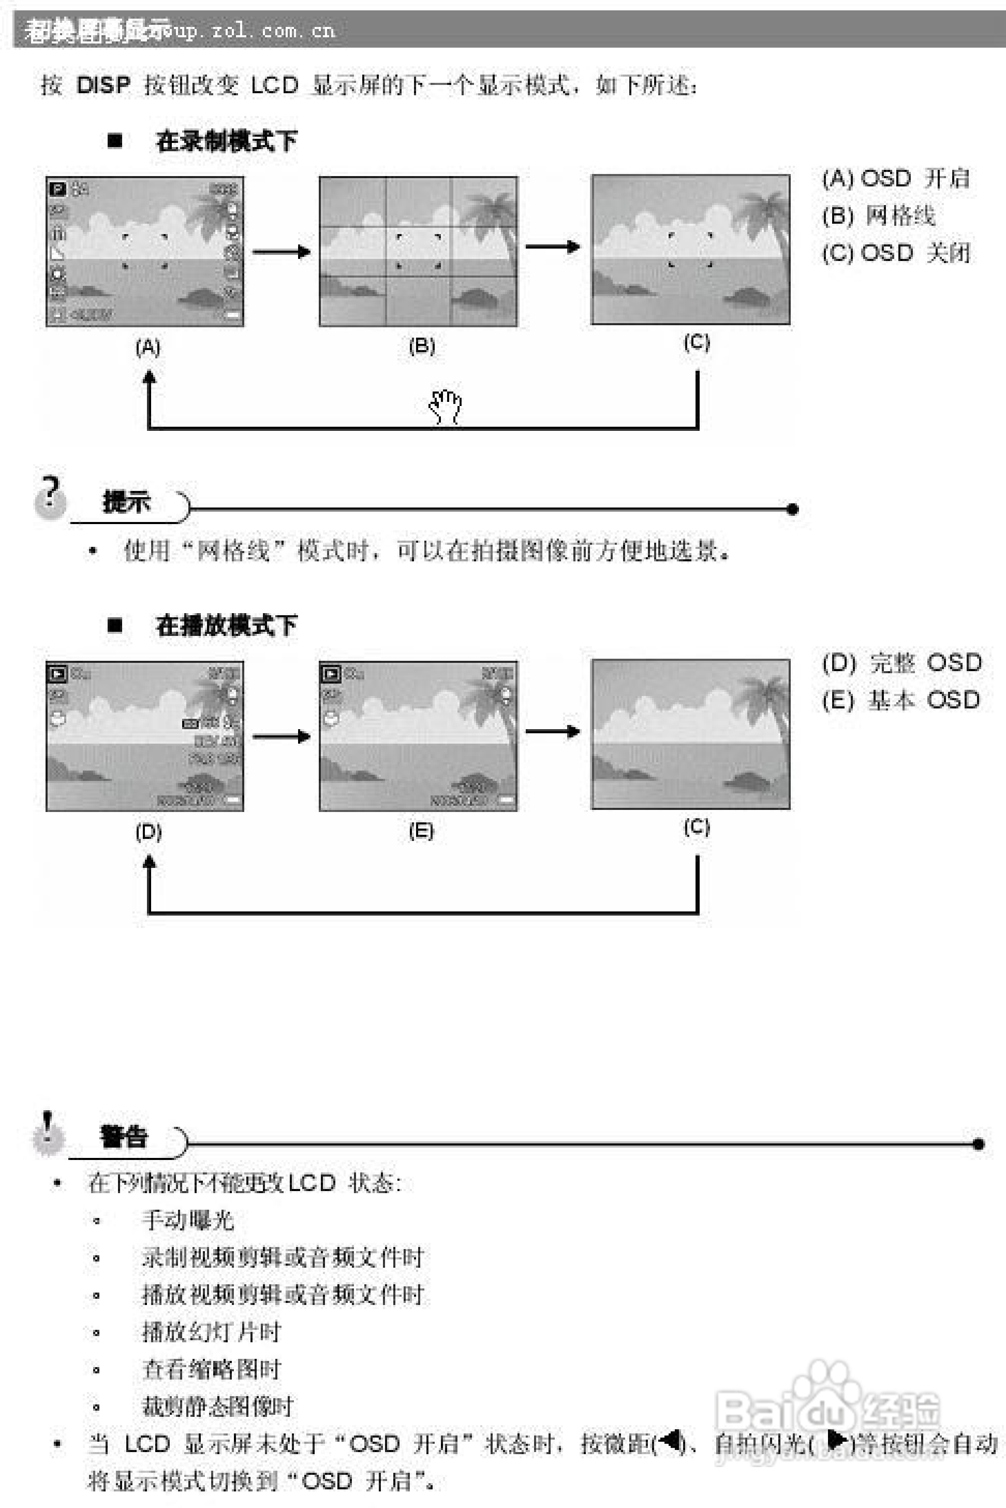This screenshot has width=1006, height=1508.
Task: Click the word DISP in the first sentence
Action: pos(103,85)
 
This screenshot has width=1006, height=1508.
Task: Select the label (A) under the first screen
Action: pos(147,347)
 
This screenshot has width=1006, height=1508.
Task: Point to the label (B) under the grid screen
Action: pos(422,346)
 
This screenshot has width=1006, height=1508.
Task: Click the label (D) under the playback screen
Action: pos(148,832)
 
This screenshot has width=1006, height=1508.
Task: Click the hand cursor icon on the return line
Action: pos(445,405)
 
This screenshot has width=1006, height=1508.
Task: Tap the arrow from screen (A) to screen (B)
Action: pos(281,252)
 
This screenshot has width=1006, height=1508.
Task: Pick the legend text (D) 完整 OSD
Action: pos(901,662)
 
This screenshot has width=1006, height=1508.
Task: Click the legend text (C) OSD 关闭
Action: pos(896,253)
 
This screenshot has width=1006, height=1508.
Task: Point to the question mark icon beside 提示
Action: pos(50,498)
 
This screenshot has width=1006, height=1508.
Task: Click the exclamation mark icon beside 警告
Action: pos(48,1134)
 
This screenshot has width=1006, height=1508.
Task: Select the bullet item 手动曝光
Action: pos(188,1220)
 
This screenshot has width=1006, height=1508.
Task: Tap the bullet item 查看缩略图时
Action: pos(211,1369)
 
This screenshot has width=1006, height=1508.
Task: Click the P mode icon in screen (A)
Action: pos(57,189)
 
